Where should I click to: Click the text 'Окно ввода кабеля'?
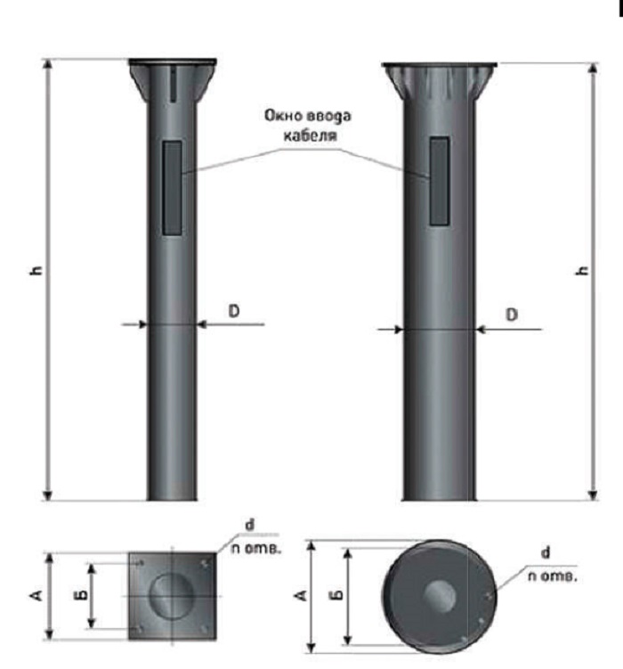pyautogui.click(x=308, y=126)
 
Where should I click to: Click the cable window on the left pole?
pyautogui.click(x=173, y=188)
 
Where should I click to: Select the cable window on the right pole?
pyautogui.click(x=440, y=181)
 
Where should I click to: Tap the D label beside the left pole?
pyautogui.click(x=234, y=311)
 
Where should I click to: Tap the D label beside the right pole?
pyautogui.click(x=512, y=314)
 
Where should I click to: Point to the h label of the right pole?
pyautogui.click(x=582, y=271)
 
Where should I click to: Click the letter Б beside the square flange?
pyautogui.click(x=83, y=594)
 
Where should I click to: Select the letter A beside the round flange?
pyautogui.click(x=300, y=595)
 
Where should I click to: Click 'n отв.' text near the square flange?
pyautogui.click(x=256, y=548)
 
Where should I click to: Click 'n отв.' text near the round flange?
pyautogui.click(x=553, y=576)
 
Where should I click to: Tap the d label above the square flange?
pyautogui.click(x=250, y=525)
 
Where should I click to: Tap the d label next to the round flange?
pyautogui.click(x=546, y=552)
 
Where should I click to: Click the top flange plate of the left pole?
pyautogui.click(x=173, y=62)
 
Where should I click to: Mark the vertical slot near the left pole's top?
pyautogui.click(x=173, y=85)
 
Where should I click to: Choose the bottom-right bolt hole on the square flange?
pyautogui.click(x=205, y=629)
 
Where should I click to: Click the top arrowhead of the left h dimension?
pyautogui.click(x=48, y=64)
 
